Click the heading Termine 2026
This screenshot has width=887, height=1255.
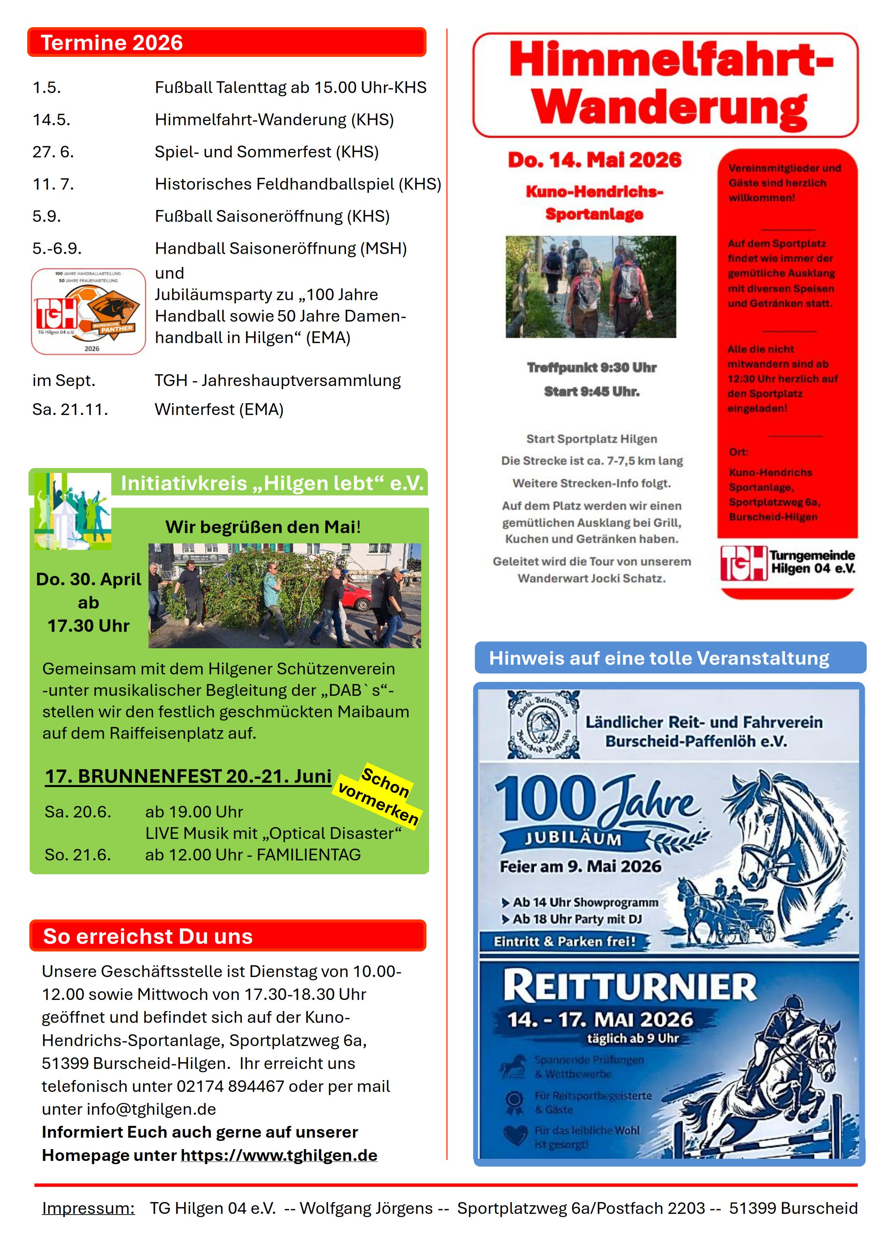tap(112, 43)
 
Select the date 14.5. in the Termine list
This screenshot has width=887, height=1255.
tap(52, 120)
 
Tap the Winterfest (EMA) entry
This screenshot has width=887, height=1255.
tap(219, 409)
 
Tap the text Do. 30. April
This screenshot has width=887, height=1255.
tap(88, 580)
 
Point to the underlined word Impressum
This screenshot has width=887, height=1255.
tap(88, 1208)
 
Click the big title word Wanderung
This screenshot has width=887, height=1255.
tap(669, 108)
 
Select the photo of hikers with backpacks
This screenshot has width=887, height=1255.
tap(590, 287)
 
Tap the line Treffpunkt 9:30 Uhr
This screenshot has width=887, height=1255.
tap(591, 367)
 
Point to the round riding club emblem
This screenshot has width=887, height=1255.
tap(543, 724)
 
